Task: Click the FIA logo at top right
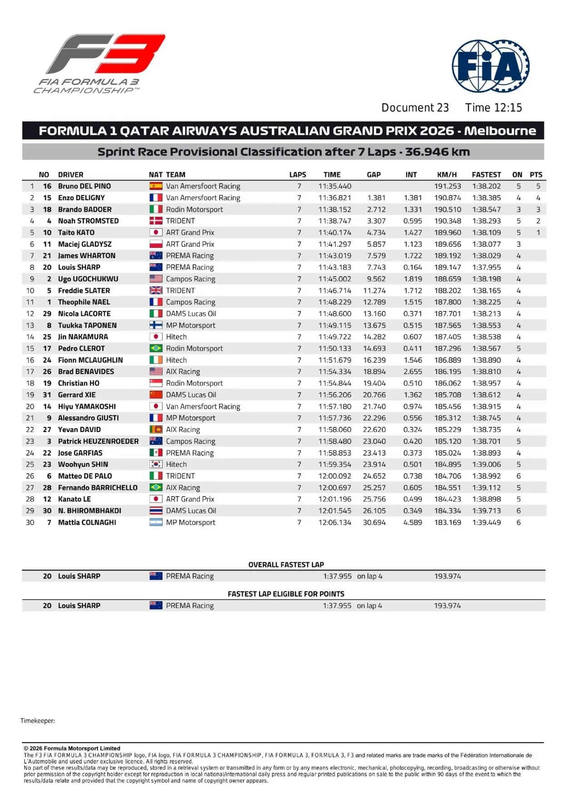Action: (490, 67)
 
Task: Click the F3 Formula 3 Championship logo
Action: (100, 64)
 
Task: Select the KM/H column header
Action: (447, 175)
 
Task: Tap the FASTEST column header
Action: (486, 175)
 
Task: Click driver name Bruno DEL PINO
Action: (85, 186)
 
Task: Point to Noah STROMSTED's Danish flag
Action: (156, 221)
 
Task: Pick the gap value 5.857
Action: (376, 244)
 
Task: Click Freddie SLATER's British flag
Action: (156, 290)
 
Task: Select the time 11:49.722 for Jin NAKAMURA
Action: (334, 337)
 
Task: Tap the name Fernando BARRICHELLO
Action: (98, 487)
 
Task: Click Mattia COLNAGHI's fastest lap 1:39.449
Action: (486, 522)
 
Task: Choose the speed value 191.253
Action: (447, 186)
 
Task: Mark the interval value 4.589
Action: (413, 522)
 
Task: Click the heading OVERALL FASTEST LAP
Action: (286, 565)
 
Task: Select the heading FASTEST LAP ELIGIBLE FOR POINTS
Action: (286, 594)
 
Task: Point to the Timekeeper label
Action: (38, 721)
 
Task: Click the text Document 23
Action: (415, 108)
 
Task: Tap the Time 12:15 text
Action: (493, 108)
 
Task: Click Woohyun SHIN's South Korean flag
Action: (156, 464)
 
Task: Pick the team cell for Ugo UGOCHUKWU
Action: (190, 279)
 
